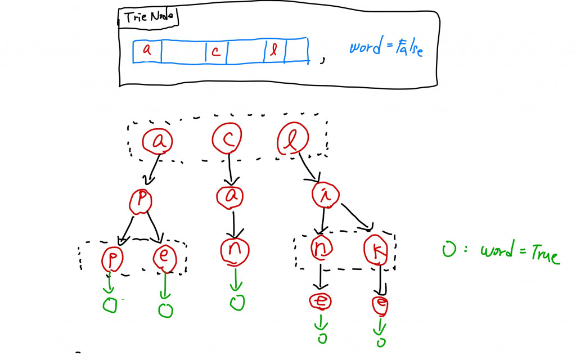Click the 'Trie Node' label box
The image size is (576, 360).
(x=148, y=18)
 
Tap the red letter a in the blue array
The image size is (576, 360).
(x=147, y=49)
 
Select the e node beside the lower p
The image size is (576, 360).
(x=165, y=256)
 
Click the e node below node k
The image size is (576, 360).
(x=381, y=304)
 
